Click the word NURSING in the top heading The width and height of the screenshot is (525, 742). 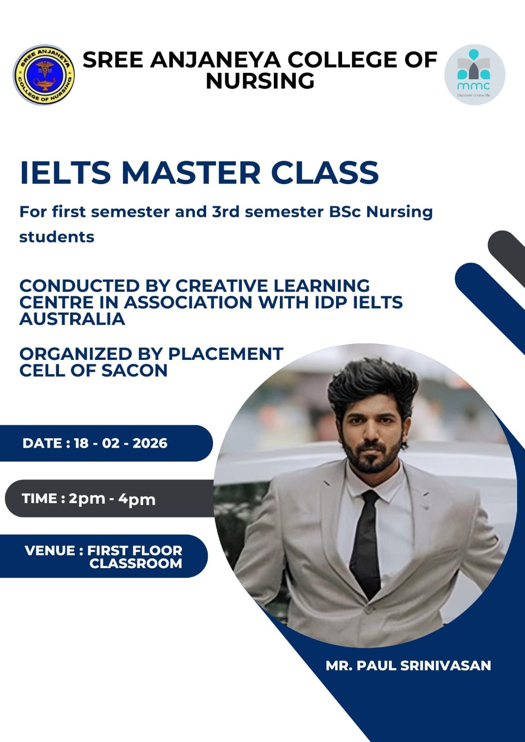point(260,81)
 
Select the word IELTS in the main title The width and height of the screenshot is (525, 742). point(65,173)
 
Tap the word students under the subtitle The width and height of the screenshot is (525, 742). point(57,237)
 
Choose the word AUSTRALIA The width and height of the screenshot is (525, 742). point(72,319)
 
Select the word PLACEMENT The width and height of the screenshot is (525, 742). point(226,354)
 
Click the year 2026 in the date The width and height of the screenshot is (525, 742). point(150,443)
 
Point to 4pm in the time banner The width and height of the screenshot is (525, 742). point(137,499)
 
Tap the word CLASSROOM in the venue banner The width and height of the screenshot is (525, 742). point(136,564)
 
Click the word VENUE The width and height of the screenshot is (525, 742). point(50,551)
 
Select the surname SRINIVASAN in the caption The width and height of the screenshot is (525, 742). point(445,666)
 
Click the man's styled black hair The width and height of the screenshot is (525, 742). point(367,390)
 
